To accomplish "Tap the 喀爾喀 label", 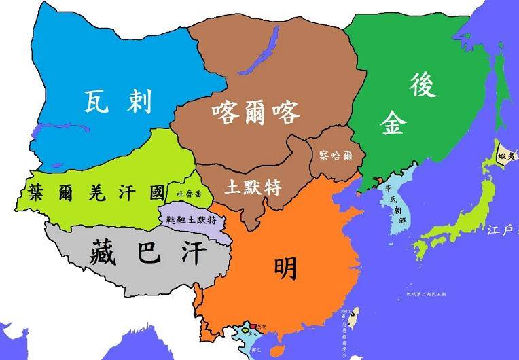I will [255, 111].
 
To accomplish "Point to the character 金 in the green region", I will [393, 122].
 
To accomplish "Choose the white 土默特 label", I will [253, 186].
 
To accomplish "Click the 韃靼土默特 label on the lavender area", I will [191, 220].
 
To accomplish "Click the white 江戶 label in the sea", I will [501, 231].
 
